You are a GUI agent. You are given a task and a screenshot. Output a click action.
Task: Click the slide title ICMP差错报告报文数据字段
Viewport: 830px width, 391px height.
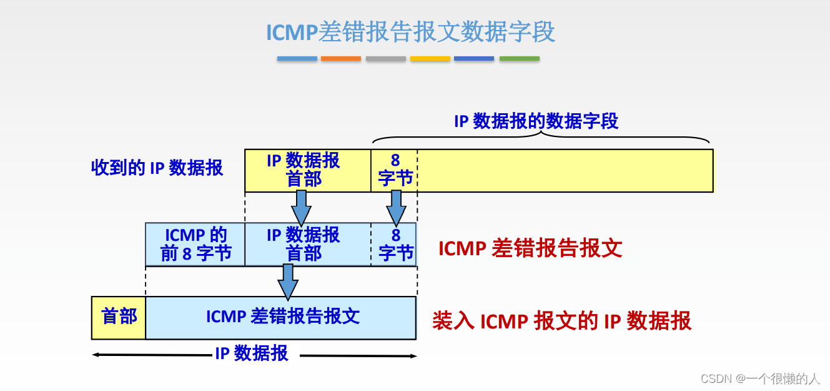pos(410,32)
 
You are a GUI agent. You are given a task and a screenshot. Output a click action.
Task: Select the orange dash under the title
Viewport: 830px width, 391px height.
pos(341,59)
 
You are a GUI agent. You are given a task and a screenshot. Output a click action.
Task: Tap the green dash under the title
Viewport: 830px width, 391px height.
pos(519,59)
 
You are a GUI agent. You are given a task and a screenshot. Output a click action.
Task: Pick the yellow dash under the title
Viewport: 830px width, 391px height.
pos(430,59)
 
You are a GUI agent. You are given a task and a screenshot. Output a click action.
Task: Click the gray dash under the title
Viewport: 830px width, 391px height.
pos(386,59)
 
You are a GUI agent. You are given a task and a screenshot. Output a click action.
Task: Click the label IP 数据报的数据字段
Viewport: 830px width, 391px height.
pos(536,121)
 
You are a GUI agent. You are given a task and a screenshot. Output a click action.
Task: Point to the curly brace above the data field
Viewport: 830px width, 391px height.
pos(541,138)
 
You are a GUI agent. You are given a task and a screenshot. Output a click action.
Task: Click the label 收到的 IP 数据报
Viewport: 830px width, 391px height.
pos(157,168)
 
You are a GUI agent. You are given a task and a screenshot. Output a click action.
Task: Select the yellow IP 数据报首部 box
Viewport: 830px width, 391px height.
pos(304,170)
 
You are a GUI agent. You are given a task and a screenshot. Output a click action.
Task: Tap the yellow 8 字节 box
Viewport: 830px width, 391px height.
pos(395,170)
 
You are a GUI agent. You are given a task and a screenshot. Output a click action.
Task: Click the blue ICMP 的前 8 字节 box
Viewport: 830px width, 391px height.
pos(195,244)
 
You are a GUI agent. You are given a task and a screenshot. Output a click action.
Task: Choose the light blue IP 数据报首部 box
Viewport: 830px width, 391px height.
pos(304,244)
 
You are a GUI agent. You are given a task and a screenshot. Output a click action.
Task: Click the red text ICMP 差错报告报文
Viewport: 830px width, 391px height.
pos(530,248)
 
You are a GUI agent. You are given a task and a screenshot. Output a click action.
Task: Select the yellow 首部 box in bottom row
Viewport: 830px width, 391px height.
pos(119,317)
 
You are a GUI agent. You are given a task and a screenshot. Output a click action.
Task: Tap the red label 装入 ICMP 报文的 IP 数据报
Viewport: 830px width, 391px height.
pos(561,321)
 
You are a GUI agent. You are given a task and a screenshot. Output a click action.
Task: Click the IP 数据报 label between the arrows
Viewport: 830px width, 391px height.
pos(252,353)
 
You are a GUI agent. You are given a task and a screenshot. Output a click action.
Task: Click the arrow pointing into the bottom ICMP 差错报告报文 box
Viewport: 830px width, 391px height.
pos(288,282)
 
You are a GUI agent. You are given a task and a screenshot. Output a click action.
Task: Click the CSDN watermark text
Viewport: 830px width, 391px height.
pos(759,378)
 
